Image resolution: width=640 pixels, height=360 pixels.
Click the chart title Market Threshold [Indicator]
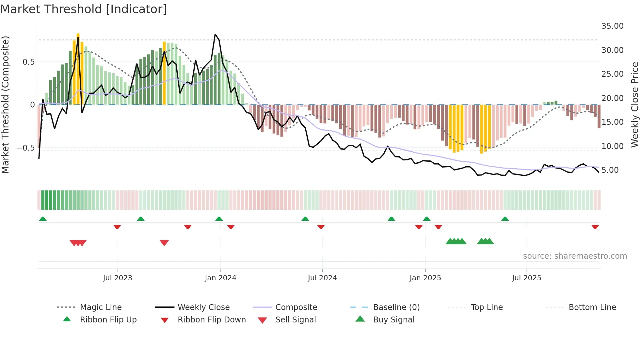click(x=84, y=9)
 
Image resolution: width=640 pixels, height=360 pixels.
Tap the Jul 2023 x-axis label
click(x=118, y=278)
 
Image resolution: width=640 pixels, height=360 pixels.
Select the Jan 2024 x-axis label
click(x=220, y=278)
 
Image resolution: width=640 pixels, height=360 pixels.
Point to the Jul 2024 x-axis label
click(x=322, y=278)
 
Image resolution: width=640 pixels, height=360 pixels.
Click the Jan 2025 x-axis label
click(x=425, y=278)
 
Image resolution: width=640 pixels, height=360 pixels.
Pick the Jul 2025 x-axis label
click(x=526, y=278)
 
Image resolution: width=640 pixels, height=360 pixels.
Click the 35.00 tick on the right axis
click(x=612, y=26)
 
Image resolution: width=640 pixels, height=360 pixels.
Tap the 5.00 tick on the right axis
click(x=610, y=170)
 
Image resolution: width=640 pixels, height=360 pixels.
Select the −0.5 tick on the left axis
click(x=25, y=148)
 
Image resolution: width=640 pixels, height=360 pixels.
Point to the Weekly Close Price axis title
click(x=634, y=105)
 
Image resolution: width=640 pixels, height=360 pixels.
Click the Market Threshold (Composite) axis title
click(x=5, y=105)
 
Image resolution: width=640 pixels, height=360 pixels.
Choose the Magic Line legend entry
click(x=101, y=307)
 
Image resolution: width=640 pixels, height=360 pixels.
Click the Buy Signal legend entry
click(x=393, y=320)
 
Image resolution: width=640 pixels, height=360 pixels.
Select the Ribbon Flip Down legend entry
click(x=211, y=320)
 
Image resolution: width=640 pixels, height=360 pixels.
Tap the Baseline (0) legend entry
click(x=396, y=307)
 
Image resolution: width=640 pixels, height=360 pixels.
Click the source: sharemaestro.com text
click(x=575, y=256)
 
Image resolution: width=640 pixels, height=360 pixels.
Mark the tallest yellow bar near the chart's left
click(x=78, y=69)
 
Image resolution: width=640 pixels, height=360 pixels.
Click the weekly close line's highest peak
click(x=215, y=34)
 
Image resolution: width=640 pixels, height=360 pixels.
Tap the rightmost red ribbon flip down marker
click(x=595, y=227)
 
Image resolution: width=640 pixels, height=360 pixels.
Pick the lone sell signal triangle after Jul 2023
click(x=164, y=243)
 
